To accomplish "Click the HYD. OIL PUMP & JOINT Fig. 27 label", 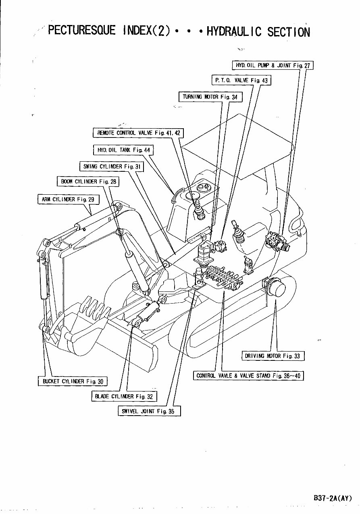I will click(273, 65).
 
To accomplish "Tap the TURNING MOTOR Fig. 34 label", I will click(210, 97).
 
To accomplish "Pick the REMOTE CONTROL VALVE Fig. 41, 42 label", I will click(138, 133).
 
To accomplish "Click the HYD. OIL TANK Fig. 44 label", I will click(123, 150).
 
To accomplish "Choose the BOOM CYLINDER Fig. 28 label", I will click(88, 181).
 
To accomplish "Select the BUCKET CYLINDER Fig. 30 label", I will click(73, 381).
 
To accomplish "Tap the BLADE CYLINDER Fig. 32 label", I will click(124, 396).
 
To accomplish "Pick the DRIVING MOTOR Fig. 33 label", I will click(273, 356).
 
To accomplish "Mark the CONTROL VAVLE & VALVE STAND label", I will click(248, 376).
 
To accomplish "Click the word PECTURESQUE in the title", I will click(82, 31).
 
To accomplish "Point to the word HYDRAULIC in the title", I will click(234, 31).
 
